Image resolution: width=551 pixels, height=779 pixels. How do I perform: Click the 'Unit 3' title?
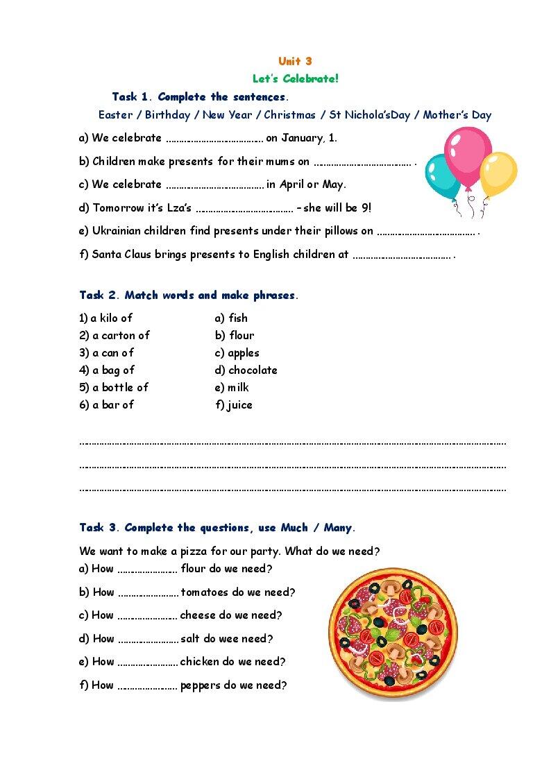[295, 61]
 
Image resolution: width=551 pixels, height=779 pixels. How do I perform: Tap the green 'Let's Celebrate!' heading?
[296, 78]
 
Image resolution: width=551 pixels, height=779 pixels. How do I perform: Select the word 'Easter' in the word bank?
[115, 115]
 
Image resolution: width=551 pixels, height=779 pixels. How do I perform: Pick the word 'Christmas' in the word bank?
[289, 115]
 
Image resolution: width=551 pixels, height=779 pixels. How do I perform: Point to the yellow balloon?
[498, 174]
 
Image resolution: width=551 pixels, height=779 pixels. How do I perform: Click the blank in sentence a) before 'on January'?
[214, 139]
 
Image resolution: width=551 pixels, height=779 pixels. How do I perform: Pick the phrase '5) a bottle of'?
[114, 388]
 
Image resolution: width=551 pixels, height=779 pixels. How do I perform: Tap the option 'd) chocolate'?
[246, 370]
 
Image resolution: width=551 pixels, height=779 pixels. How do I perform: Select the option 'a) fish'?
[231, 318]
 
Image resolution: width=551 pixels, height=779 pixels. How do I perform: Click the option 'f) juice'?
[234, 405]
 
